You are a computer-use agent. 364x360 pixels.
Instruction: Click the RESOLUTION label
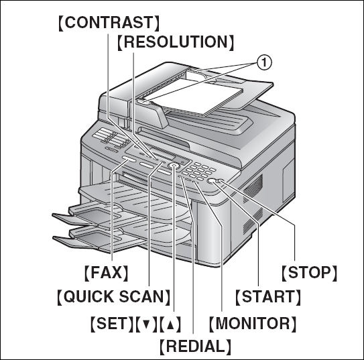pyautogui.click(x=176, y=42)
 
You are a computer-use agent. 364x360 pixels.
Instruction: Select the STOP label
pyautogui.click(x=308, y=273)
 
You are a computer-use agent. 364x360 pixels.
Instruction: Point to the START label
pyautogui.click(x=267, y=296)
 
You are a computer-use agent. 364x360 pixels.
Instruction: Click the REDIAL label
pyautogui.click(x=195, y=347)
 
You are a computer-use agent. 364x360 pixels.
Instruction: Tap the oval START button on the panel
pyautogui.click(x=214, y=182)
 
